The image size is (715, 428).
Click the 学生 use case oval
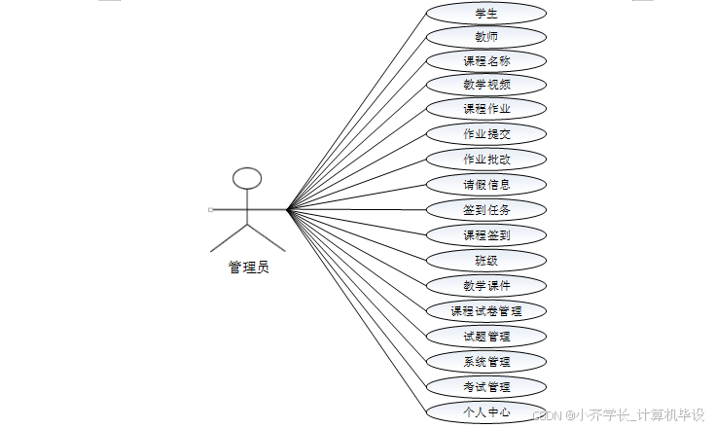(x=486, y=14)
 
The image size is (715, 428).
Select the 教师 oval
(x=486, y=37)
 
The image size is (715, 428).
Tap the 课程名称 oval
(x=486, y=60)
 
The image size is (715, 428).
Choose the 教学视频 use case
(x=486, y=84)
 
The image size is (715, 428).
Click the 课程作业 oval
(x=486, y=108)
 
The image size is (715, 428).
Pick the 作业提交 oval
(x=486, y=133)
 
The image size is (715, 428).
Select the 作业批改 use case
(x=486, y=159)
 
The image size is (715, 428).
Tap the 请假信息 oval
(x=486, y=184)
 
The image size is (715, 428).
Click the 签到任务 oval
(x=486, y=209)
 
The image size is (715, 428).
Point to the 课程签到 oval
(x=486, y=234)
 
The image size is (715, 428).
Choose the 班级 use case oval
(x=486, y=260)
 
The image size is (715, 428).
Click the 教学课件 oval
(x=486, y=285)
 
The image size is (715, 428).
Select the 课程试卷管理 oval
(x=486, y=311)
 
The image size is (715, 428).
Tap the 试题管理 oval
(x=486, y=337)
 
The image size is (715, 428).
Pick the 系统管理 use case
(x=486, y=362)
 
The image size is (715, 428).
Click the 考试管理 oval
(x=486, y=387)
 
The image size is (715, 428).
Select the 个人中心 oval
(x=486, y=411)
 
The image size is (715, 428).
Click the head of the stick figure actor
(x=248, y=178)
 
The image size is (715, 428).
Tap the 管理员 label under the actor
(x=248, y=267)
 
